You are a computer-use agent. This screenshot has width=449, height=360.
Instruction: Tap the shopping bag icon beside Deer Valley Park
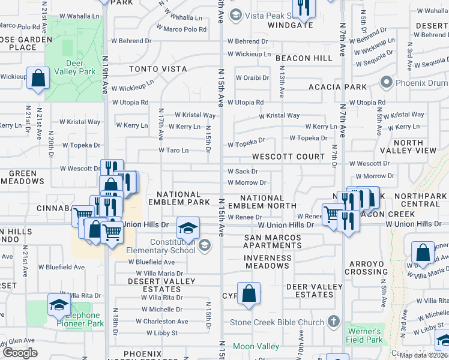[x=38, y=79]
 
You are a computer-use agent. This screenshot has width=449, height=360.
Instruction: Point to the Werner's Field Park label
[x=364, y=335]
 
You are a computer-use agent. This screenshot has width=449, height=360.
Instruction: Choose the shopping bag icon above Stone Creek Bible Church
[x=249, y=294]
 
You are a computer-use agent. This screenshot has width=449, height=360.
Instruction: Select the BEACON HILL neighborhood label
[x=304, y=58]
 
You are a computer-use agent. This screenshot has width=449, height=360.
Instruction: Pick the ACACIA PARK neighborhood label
[x=337, y=87]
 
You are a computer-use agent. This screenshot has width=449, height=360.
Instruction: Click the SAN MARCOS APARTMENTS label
[x=273, y=242]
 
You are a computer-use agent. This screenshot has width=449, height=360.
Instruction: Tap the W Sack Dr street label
[x=243, y=172]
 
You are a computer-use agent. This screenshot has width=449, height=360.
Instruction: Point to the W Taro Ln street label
[x=173, y=151]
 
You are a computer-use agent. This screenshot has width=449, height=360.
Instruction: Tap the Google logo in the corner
[x=20, y=353]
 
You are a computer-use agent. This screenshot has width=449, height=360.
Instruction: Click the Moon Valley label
[x=256, y=346]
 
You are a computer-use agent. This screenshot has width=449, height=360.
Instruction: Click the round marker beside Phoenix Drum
[x=385, y=82]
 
